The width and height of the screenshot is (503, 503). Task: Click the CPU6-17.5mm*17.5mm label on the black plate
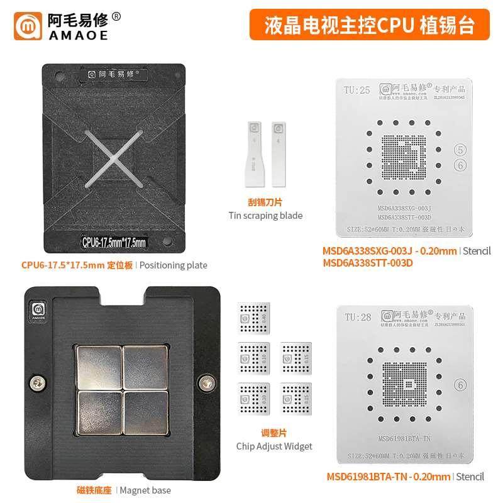pyautogui.click(x=114, y=241)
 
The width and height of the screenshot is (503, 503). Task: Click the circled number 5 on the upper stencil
pyautogui.click(x=461, y=150)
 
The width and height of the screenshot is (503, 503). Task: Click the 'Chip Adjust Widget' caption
pyautogui.click(x=274, y=446)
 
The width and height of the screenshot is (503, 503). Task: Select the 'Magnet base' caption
pyautogui.click(x=145, y=490)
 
